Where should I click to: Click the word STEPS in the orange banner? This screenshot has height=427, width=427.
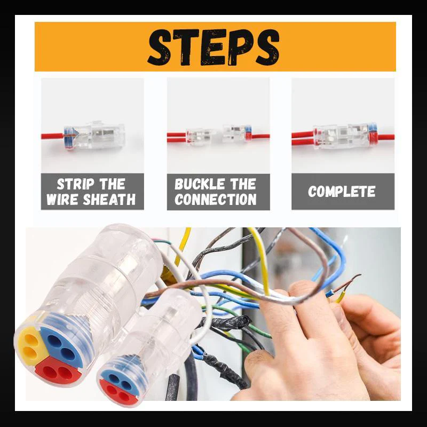point(213,47)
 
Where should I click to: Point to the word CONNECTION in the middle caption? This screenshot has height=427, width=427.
point(215,201)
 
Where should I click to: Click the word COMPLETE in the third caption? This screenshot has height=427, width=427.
point(342,192)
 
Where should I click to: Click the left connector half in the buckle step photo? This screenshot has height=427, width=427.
point(199,136)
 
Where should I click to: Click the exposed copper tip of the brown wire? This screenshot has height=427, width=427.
point(352,280)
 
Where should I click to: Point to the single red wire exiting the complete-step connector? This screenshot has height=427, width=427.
point(385,137)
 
